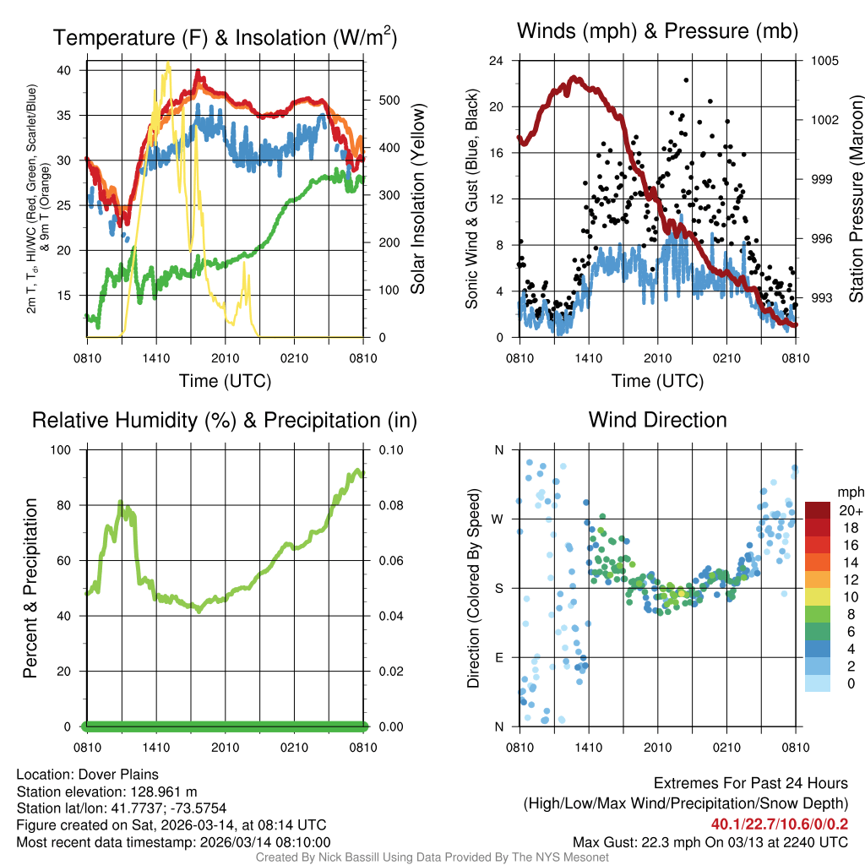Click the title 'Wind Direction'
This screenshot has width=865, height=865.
pyautogui.click(x=657, y=420)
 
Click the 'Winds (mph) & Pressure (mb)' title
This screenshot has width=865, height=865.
pyautogui.click(x=657, y=32)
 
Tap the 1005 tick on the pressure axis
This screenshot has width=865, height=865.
pyautogui.click(x=823, y=61)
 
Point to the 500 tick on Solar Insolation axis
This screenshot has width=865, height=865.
pyautogui.click(x=389, y=101)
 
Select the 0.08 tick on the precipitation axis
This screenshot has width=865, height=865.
pyautogui.click(x=389, y=505)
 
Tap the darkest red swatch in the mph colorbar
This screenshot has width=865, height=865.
pyautogui.click(x=818, y=510)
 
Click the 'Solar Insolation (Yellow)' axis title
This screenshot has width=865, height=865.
pyautogui.click(x=418, y=199)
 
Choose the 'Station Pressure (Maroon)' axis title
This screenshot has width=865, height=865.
pyautogui.click(x=856, y=199)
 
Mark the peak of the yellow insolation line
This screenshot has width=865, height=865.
pyautogui.click(x=168, y=63)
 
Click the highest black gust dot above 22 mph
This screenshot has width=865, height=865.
pyautogui.click(x=686, y=80)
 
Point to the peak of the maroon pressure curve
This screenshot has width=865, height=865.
pyautogui.click(x=574, y=78)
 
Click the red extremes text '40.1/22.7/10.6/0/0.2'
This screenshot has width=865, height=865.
pyautogui.click(x=780, y=824)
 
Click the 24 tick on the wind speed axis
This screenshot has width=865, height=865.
pyautogui.click(x=497, y=61)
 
